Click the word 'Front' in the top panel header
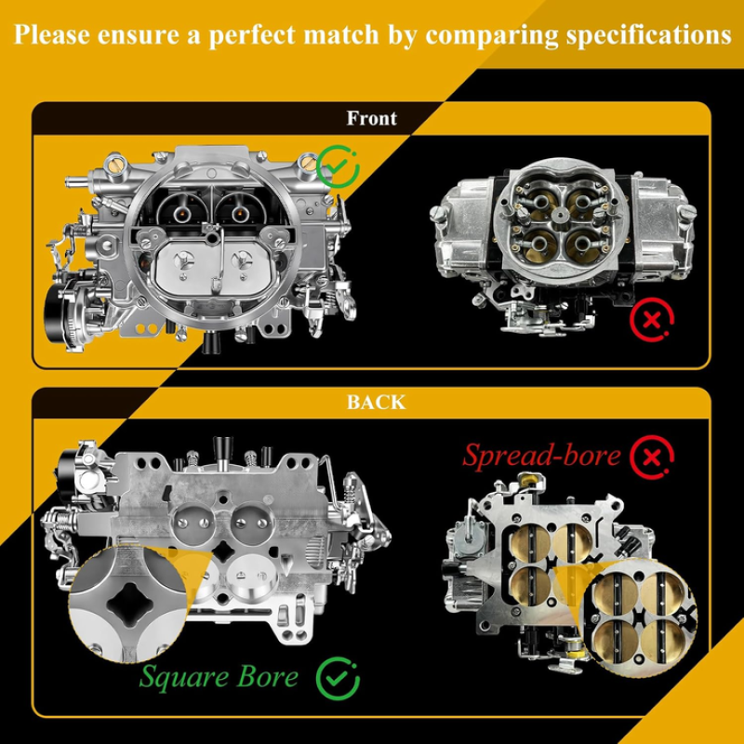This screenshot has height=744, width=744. point(371,118)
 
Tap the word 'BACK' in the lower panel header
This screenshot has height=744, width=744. point(377,403)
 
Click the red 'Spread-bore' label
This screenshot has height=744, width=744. point(542,456)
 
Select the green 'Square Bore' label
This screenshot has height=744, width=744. point(219,676)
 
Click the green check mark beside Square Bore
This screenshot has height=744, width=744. point(338,679)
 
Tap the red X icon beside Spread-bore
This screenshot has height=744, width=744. point(652,458)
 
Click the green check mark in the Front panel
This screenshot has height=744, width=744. point(338,166)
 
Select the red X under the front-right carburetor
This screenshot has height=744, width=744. point(652,320)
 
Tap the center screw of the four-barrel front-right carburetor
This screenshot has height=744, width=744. point(561,215)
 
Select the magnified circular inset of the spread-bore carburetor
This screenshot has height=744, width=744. point(638,618)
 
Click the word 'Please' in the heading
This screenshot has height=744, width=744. point(52,34)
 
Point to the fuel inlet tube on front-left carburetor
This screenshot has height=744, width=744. point(77,181)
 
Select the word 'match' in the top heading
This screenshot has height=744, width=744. point(340,34)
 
